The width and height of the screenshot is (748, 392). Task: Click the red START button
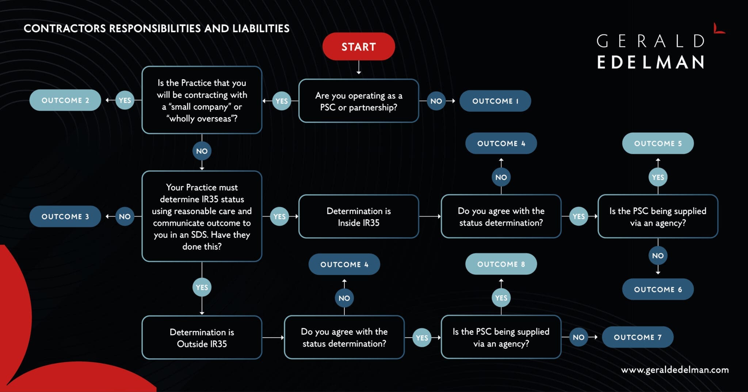tap(358, 46)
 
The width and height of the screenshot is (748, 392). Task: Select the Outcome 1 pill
tap(495, 101)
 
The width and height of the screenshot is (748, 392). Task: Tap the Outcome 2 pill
tap(65, 100)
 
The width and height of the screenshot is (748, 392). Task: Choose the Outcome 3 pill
tap(65, 216)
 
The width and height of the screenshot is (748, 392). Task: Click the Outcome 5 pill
tap(657, 143)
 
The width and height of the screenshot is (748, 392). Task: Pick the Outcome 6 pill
tap(657, 289)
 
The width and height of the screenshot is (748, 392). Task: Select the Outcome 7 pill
tap(637, 337)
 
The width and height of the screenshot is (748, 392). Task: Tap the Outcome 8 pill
tap(501, 264)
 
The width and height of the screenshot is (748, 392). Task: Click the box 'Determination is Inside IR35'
tap(358, 216)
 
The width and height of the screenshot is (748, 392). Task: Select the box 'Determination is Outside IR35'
tap(202, 338)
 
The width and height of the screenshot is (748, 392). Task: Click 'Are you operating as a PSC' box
tap(358, 101)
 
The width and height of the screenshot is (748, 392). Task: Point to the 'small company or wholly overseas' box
tap(202, 100)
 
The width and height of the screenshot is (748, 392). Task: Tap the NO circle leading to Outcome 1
tap(436, 101)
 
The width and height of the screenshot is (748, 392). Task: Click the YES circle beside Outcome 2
tap(125, 100)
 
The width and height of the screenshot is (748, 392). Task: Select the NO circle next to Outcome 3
tap(125, 216)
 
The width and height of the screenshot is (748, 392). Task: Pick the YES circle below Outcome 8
tap(501, 298)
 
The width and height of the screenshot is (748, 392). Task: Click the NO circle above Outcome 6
tap(657, 256)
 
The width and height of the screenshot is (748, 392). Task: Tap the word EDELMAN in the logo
tap(650, 62)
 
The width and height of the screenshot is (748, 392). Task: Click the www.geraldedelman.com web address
tap(675, 370)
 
